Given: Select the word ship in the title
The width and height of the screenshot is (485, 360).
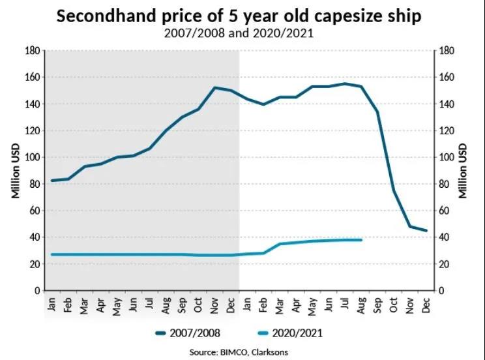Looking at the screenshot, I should pyautogui.click(x=410, y=16).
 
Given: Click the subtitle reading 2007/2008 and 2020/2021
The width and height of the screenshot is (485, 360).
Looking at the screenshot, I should pyautogui.click(x=242, y=34).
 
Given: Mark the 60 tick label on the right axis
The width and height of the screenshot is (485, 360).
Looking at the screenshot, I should pyautogui.click(x=445, y=211).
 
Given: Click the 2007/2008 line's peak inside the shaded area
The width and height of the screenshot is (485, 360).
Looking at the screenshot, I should pyautogui.click(x=214, y=87).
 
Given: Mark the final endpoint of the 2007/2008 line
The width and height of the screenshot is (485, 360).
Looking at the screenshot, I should pyautogui.click(x=426, y=230).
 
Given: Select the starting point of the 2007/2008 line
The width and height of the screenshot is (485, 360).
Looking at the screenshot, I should pyautogui.click(x=51, y=181).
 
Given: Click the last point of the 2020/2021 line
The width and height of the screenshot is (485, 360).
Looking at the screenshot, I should pyautogui.click(x=361, y=240).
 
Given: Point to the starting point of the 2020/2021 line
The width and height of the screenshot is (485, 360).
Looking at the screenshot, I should pyautogui.click(x=51, y=254).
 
